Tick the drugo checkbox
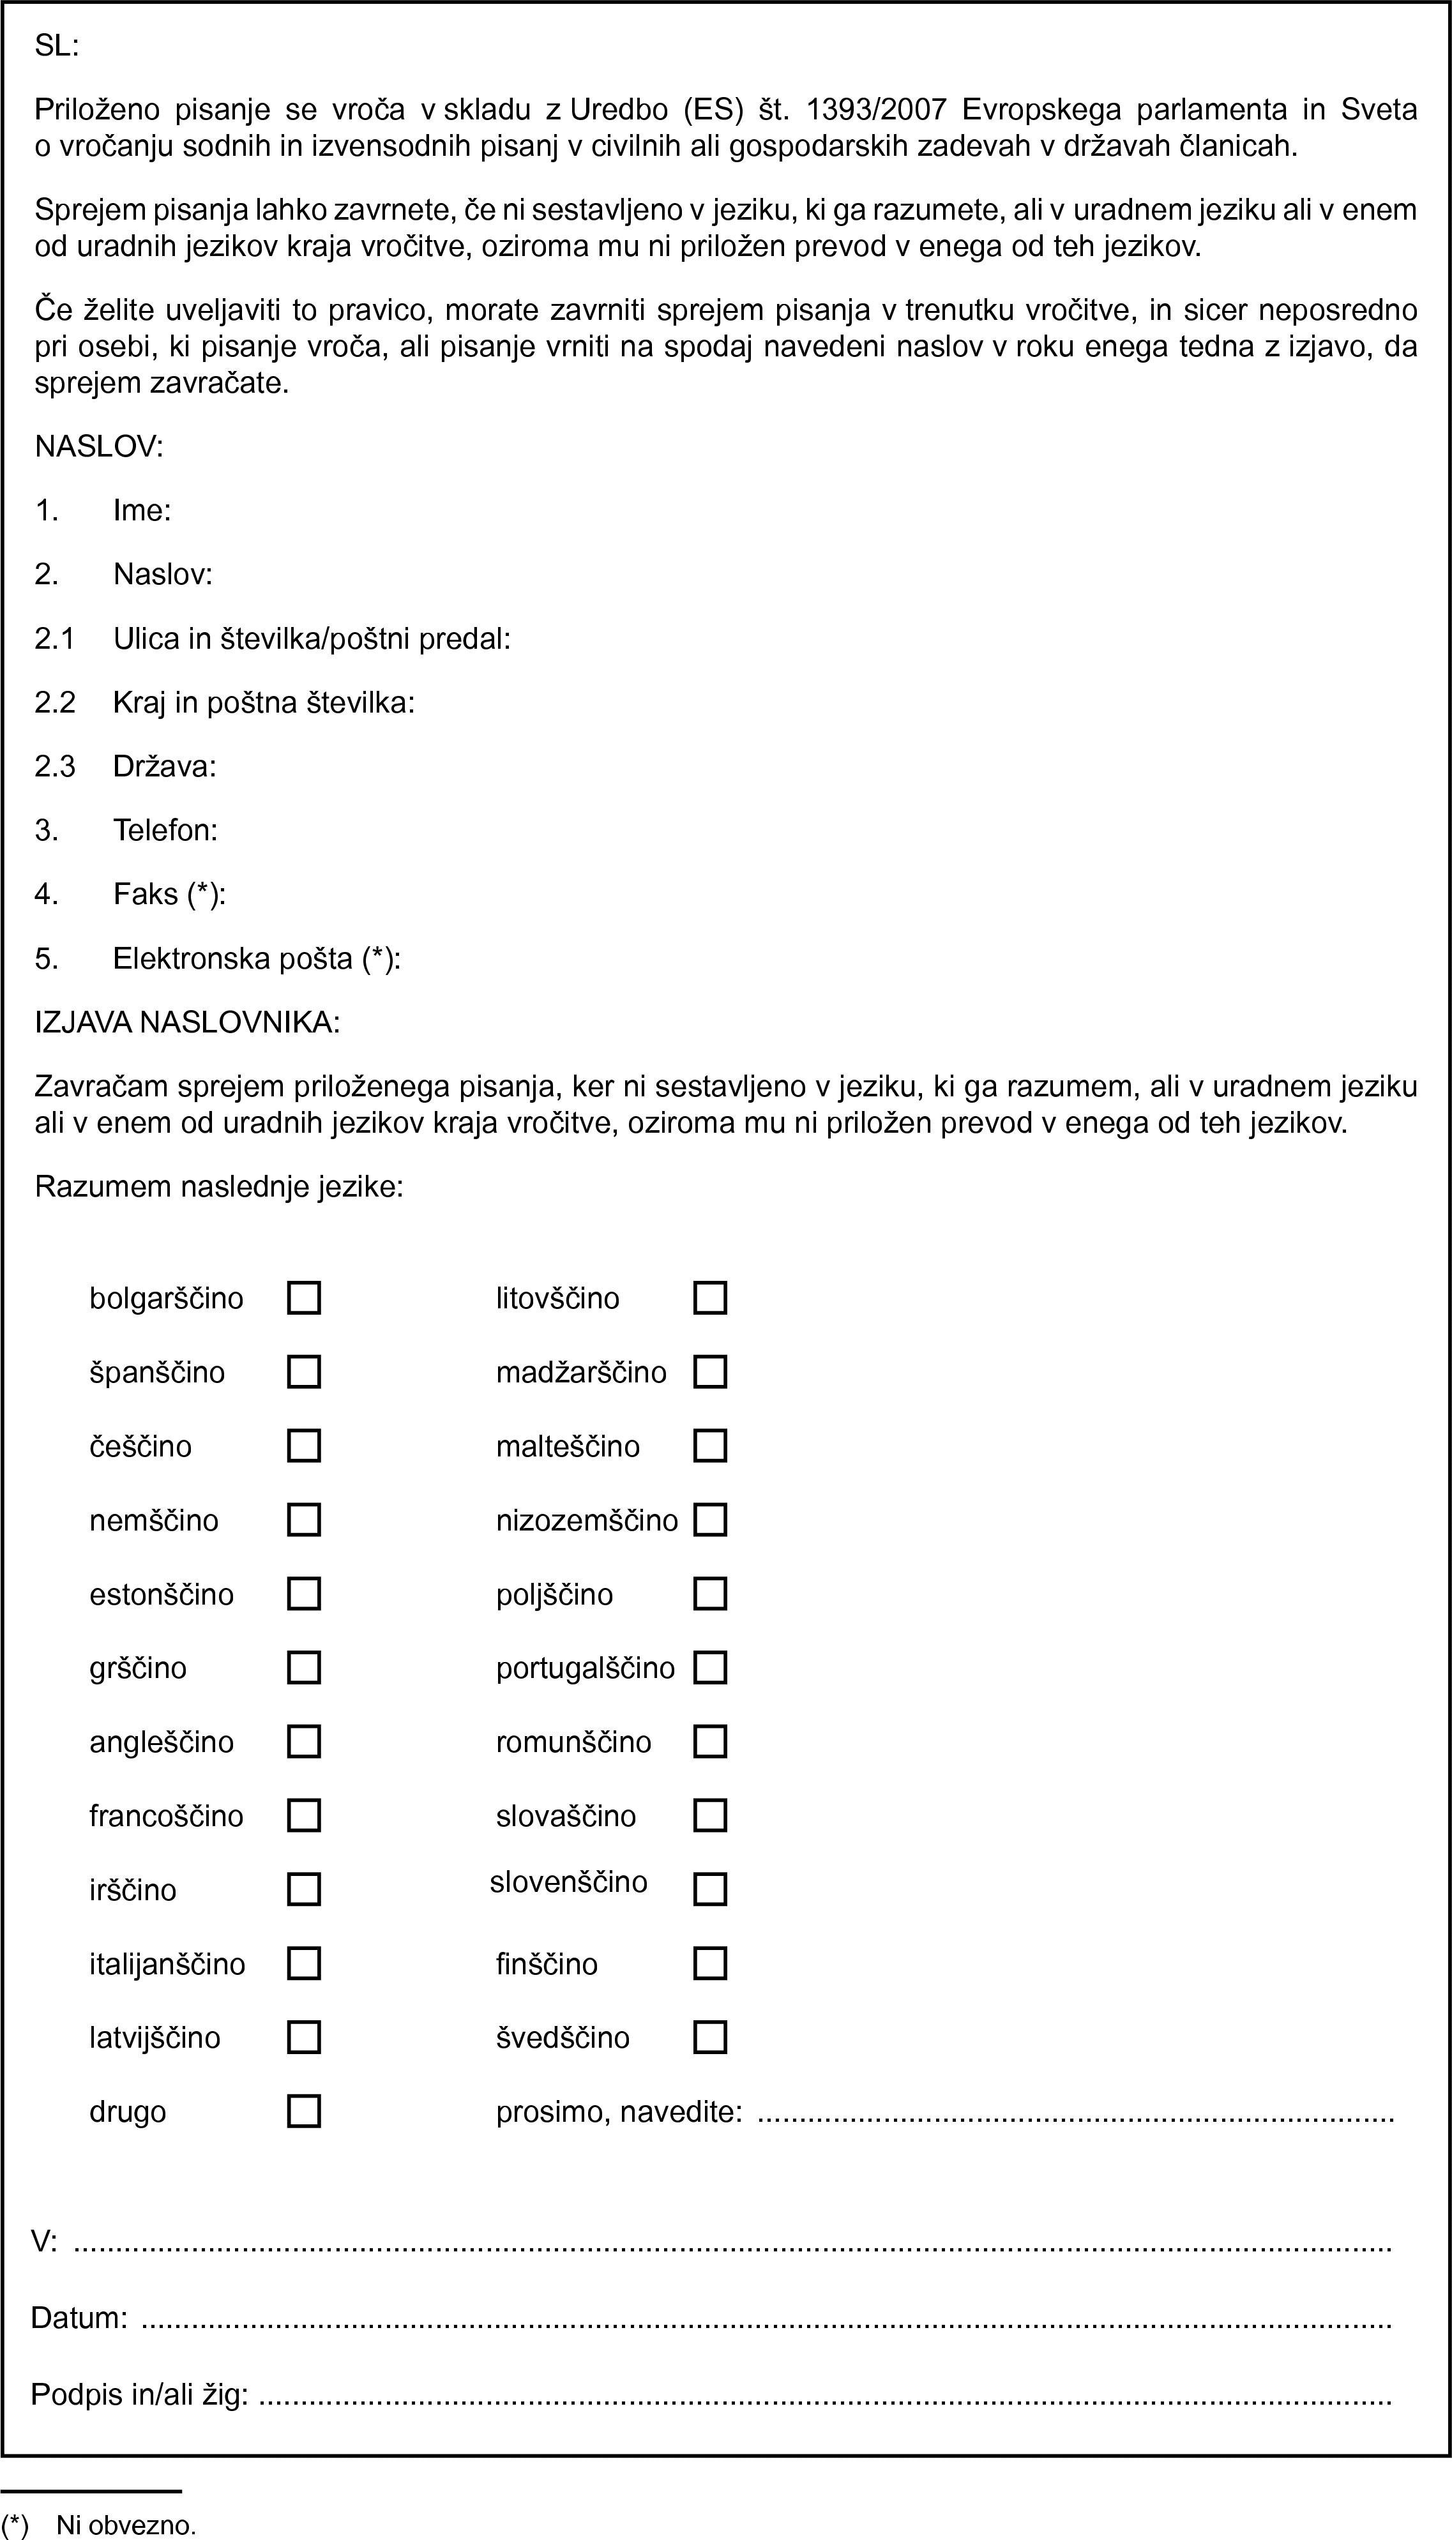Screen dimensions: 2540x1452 tap(303, 2111)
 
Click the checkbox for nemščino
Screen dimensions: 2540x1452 tap(303, 1520)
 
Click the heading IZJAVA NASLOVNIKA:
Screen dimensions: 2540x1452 tap(188, 1022)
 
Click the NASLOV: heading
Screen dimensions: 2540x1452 tap(99, 447)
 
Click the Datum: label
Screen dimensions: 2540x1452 tap(79, 2318)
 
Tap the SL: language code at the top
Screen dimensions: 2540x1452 tap(57, 46)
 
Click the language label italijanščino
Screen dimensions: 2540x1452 tap(167, 1963)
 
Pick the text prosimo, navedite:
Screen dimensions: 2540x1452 tap(618, 2111)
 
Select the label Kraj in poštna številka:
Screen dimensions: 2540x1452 tap(263, 702)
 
